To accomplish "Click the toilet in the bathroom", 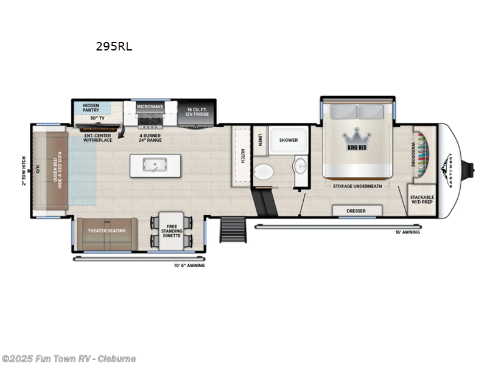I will (263, 172).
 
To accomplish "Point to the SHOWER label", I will (288, 140).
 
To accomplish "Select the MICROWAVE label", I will (149, 106).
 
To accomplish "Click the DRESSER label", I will (357, 210).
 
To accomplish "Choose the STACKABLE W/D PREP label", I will (422, 200).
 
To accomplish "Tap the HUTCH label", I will (242, 155).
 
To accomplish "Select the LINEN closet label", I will (260, 140).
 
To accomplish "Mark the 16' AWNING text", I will (407, 232).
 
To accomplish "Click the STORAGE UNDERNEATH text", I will (357, 186).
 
